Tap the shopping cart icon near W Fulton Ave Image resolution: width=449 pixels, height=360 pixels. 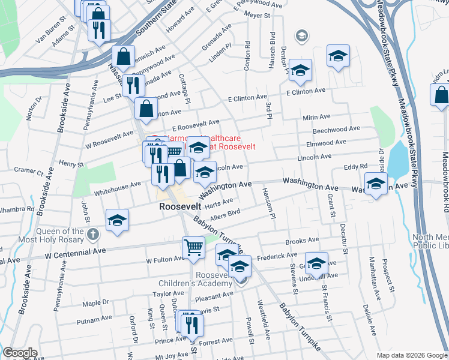(x=193, y=247)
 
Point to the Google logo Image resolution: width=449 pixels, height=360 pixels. (x=19, y=353)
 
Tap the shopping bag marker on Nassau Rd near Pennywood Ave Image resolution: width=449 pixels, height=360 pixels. (x=123, y=58)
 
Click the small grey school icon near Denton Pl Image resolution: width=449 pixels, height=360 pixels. (x=301, y=37)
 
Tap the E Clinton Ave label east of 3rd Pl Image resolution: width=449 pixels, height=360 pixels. (x=306, y=91)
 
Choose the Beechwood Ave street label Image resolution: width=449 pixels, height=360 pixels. (x=339, y=129)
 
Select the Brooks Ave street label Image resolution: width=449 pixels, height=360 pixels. (x=302, y=241)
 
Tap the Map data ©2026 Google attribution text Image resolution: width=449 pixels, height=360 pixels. (x=411, y=355)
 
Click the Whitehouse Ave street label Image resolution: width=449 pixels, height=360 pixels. (x=117, y=188)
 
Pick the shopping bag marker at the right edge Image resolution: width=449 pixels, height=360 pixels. (x=440, y=95)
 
